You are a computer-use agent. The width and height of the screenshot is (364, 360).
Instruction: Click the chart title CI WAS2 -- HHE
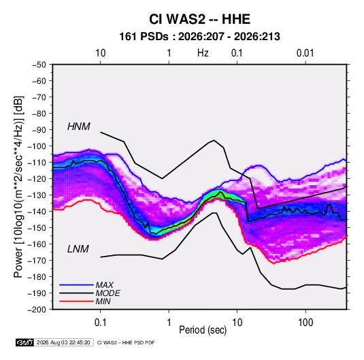199,19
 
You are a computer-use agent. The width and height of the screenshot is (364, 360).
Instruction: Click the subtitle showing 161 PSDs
199,37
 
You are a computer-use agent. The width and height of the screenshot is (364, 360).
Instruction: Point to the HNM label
79,127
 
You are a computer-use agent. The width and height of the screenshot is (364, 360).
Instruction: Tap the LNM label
78,249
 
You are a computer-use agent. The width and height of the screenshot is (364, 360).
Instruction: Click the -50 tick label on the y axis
39,65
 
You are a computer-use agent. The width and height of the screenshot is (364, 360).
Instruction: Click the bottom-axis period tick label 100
305,323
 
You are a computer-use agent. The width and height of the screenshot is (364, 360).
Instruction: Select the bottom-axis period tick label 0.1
100,323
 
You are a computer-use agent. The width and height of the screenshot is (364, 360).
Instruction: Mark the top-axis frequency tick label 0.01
305,53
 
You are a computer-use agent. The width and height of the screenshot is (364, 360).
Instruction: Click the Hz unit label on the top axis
203,53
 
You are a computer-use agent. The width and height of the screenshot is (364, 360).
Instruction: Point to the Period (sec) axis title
203,330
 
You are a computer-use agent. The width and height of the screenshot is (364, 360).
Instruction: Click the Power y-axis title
18,187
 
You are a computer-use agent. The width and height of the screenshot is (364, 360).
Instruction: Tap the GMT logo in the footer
25,342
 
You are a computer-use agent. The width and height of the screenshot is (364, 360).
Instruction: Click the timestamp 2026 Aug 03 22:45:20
63,342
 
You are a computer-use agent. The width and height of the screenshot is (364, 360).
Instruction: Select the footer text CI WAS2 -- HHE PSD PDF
126,342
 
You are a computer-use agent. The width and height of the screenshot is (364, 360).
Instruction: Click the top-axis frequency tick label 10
101,53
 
